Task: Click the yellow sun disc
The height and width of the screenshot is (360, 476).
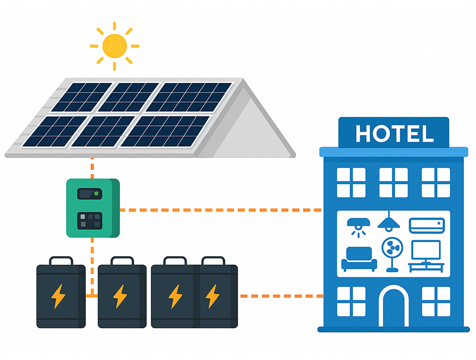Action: (x=115, y=46)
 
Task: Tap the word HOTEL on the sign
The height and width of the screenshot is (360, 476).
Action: (x=394, y=134)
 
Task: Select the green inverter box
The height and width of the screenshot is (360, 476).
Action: (x=93, y=208)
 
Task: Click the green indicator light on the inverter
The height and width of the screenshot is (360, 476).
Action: (x=96, y=194)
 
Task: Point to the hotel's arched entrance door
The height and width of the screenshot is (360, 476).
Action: (x=393, y=308)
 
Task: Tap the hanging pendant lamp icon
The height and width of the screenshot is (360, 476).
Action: (x=389, y=222)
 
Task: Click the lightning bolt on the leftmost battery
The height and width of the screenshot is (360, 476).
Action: (x=58, y=296)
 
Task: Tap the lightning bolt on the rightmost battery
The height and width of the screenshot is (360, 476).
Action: (x=213, y=296)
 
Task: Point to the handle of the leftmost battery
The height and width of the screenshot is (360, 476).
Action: (x=61, y=260)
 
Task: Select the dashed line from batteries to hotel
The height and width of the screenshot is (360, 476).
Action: (x=280, y=296)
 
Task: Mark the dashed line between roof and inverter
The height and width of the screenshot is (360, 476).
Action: (x=92, y=168)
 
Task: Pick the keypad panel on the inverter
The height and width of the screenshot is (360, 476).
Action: (x=89, y=220)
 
